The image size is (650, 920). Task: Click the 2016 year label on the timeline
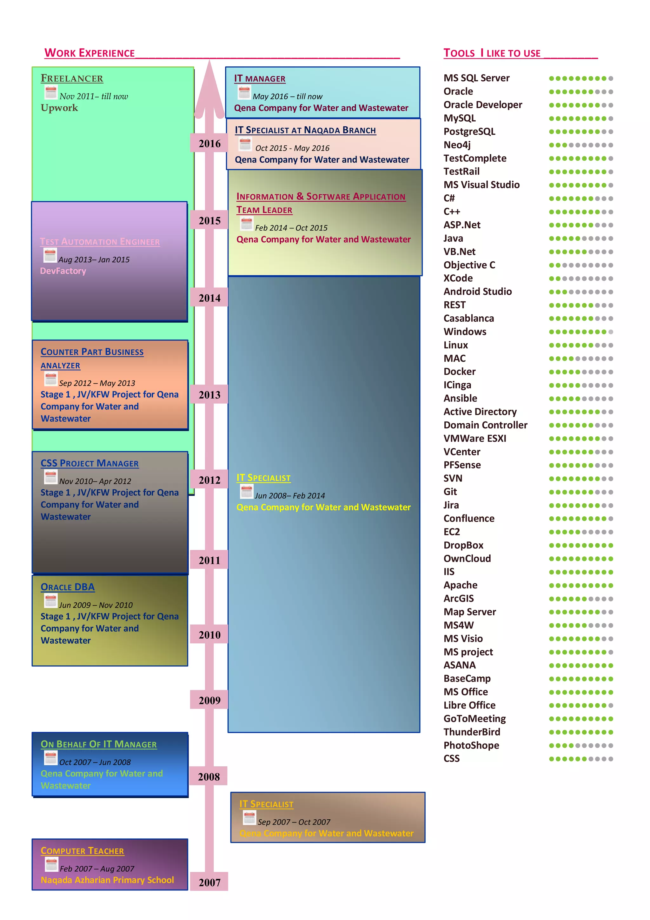[209, 144]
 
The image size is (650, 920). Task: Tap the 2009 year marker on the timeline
[209, 701]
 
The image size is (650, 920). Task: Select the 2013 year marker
[209, 395]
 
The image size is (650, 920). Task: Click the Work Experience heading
[89, 53]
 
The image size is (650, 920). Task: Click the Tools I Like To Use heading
[492, 53]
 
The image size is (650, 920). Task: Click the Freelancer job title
[72, 78]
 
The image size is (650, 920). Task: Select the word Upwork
[59, 108]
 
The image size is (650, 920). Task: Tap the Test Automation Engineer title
[100, 242]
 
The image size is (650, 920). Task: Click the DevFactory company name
[63, 271]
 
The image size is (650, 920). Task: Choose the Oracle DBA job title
[67, 587]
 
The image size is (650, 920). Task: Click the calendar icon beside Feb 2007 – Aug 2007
[51, 864]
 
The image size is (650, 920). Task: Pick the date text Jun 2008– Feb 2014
[290, 496]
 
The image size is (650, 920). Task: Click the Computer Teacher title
[82, 851]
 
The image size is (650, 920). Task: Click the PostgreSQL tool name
[469, 131]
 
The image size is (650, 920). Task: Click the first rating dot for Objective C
[552, 265]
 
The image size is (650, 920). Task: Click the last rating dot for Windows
[610, 332]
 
